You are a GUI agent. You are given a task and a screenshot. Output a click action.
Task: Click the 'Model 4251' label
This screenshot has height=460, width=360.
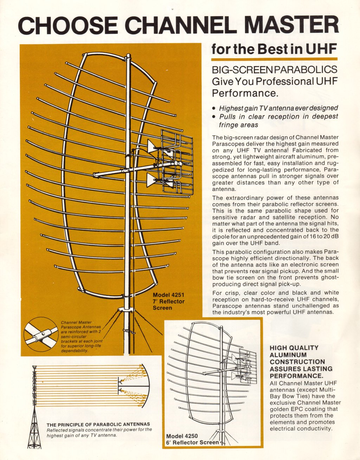pos(168,295)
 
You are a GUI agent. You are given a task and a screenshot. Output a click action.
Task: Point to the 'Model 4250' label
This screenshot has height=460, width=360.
pos(179,436)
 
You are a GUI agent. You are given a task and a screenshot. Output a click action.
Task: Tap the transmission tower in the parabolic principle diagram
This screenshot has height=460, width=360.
pos(34,408)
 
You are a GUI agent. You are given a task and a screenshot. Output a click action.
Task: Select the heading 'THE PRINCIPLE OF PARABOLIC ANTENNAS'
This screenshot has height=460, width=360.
pos(98,424)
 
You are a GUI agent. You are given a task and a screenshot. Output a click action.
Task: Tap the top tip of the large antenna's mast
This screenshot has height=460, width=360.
pos(128,56)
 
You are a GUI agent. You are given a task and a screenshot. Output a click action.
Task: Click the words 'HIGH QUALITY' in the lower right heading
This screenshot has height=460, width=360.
pos(294,348)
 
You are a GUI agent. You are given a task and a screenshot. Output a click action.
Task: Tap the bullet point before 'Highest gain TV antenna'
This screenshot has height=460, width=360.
pos(214,108)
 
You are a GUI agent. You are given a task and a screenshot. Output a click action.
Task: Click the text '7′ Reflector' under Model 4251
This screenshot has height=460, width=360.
pos(168,302)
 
